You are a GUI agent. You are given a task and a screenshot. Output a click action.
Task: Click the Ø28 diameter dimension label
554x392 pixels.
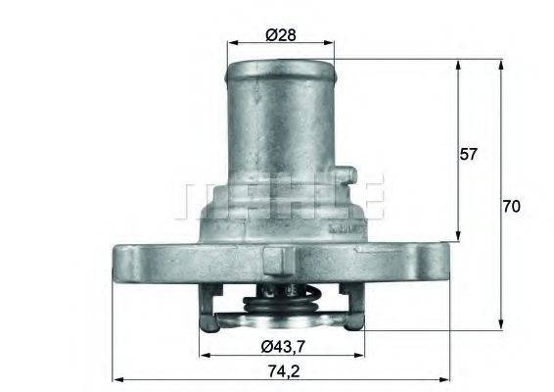281,35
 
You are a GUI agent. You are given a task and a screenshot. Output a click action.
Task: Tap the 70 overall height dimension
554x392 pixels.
512,207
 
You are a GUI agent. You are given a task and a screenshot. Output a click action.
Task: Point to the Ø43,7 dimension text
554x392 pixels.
283,346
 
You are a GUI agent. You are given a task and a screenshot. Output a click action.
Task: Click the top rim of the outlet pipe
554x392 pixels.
281,66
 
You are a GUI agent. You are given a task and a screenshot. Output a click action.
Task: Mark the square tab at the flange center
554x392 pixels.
276,262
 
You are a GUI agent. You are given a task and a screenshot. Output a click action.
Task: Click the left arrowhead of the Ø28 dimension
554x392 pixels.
231,44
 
